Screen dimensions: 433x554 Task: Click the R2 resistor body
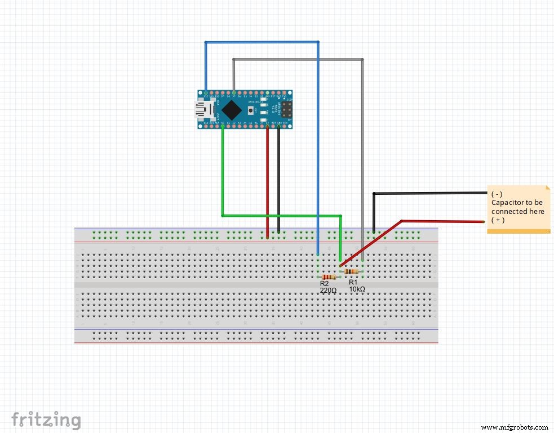(329, 277)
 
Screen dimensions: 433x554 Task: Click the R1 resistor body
(351, 272)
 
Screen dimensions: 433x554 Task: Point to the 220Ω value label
(328, 291)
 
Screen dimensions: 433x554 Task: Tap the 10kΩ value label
(357, 289)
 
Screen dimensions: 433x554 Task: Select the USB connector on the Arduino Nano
(201, 109)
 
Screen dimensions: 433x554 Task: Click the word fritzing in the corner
(46, 419)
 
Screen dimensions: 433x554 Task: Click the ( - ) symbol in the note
(497, 194)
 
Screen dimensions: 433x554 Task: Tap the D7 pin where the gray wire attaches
(234, 92)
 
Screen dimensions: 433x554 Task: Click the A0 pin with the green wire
(223, 127)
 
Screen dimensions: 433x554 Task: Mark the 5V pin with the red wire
(268, 127)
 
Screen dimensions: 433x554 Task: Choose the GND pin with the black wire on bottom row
(279, 127)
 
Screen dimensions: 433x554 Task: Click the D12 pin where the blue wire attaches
(206, 92)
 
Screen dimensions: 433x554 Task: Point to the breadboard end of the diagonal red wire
(340, 265)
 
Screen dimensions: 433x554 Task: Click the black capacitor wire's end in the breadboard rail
(374, 231)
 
